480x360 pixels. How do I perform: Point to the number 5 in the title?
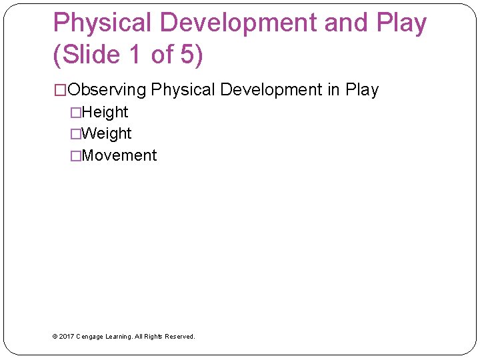tap(187, 55)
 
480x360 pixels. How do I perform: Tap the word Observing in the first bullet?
tap(107, 90)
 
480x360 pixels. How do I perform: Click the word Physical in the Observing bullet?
tap(183, 90)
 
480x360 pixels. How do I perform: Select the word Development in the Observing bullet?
tap(271, 90)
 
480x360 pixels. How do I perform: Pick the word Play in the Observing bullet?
tap(362, 90)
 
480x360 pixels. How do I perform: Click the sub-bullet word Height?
tap(105, 112)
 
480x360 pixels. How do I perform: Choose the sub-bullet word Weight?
tap(107, 133)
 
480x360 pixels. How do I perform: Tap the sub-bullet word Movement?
tap(119, 155)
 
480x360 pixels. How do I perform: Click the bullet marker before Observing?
tap(60, 90)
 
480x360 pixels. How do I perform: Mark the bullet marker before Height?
tap(77, 112)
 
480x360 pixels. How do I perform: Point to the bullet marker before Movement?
tap(77, 155)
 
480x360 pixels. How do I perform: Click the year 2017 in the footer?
tap(66, 337)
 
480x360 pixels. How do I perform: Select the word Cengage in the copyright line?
tap(91, 337)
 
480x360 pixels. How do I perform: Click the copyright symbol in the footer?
tap(55, 337)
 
